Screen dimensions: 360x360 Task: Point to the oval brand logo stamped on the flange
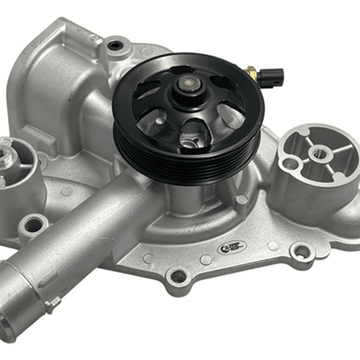[x=231, y=247]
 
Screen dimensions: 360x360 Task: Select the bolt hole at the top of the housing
[x=114, y=46]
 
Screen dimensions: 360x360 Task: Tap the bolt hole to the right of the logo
[x=301, y=251]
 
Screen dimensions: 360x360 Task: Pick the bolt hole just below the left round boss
[x=34, y=225]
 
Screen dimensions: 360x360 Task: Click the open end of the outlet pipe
[x=9, y=315]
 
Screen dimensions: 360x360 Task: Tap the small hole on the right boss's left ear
[x=290, y=163]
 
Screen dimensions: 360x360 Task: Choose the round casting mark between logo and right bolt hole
[x=273, y=246]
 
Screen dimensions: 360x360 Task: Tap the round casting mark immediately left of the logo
[x=206, y=259]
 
